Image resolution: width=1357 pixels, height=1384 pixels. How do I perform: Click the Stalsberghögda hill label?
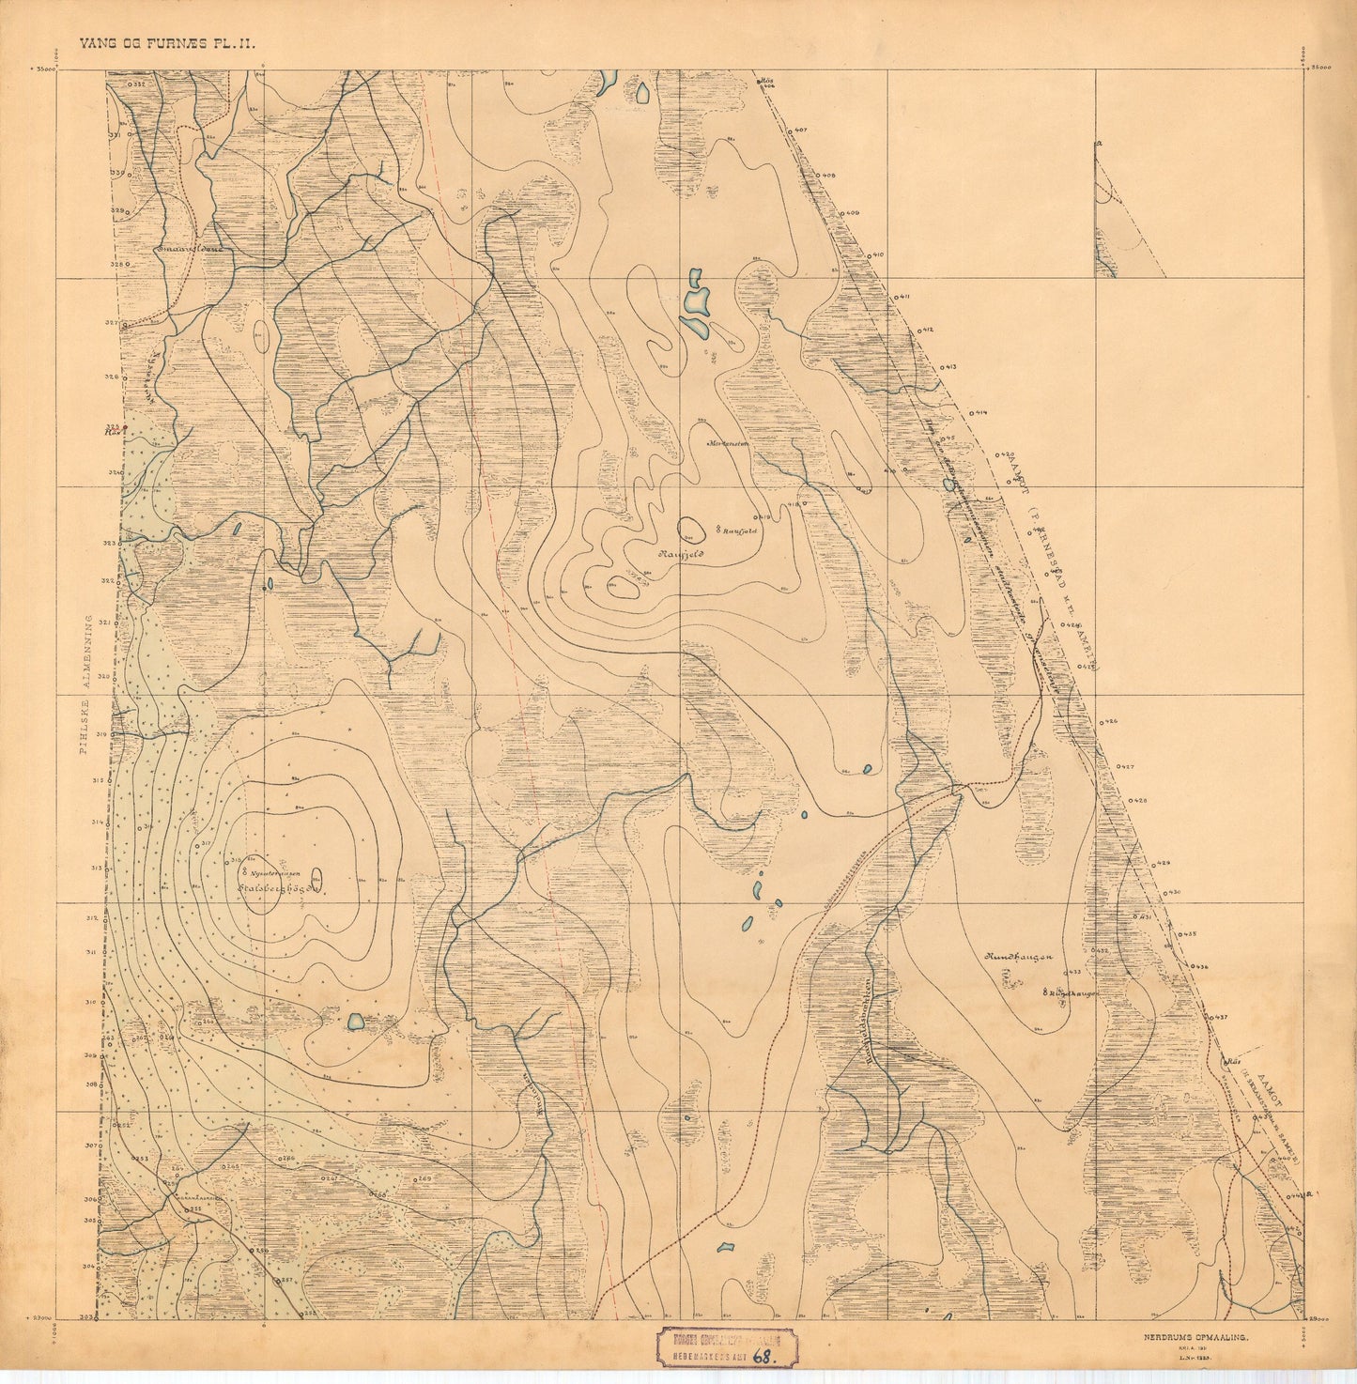283,885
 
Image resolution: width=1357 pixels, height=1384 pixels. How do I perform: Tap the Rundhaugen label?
1021,957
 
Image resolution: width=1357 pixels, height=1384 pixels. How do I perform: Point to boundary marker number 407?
800,130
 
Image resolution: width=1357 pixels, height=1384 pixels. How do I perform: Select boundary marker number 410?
877,255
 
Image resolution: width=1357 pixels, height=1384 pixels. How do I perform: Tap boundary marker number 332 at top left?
137,85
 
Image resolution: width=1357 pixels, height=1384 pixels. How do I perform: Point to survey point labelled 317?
205,843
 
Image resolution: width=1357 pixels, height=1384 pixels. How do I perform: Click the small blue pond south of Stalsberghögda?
356,1021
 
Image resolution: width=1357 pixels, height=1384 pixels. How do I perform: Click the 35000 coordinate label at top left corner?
43,69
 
